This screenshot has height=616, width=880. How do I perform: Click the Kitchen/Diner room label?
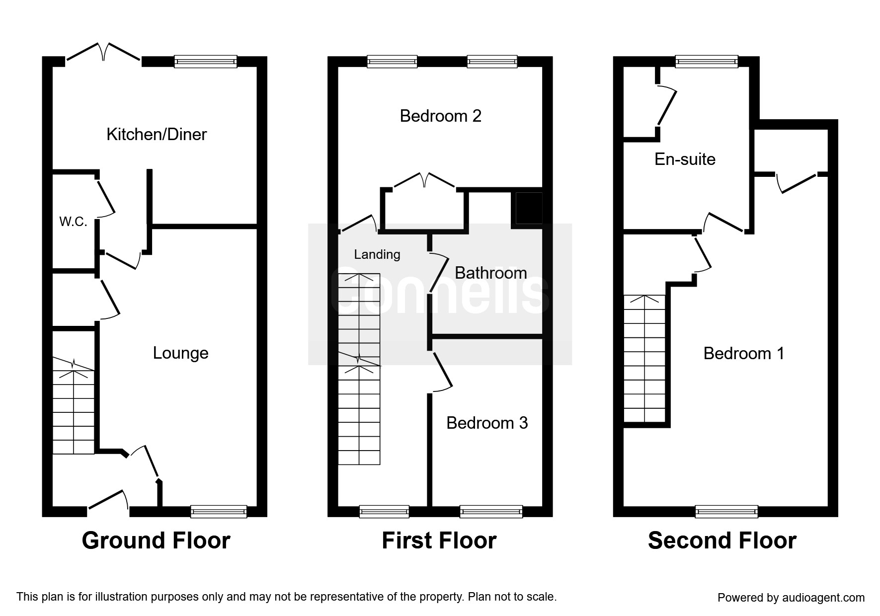pyautogui.click(x=157, y=134)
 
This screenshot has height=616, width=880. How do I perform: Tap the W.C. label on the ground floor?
pyautogui.click(x=74, y=222)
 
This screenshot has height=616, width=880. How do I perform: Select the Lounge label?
pyautogui.click(x=180, y=353)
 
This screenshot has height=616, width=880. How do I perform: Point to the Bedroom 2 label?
pyautogui.click(x=440, y=116)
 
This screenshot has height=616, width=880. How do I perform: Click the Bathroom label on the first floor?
pyautogui.click(x=490, y=273)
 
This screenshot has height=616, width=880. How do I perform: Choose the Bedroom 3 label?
pyautogui.click(x=486, y=423)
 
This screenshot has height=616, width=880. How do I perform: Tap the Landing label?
pyautogui.click(x=377, y=254)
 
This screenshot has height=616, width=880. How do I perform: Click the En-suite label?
pyautogui.click(x=685, y=159)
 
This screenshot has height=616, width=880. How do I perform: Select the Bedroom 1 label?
pyautogui.click(x=743, y=353)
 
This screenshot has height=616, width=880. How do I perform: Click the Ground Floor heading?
pyautogui.click(x=156, y=540)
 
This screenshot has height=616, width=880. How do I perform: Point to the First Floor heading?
pyautogui.click(x=439, y=540)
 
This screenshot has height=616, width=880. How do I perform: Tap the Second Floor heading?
pyautogui.click(x=722, y=540)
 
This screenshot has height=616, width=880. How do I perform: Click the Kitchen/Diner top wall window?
pyautogui.click(x=206, y=62)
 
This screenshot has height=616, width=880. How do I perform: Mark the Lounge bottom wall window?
pyautogui.click(x=219, y=511)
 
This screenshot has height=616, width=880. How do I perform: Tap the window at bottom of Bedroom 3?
pyautogui.click(x=491, y=511)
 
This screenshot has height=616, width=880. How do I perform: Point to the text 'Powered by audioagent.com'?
pyautogui.click(x=791, y=598)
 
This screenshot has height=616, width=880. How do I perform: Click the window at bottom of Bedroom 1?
pyautogui.click(x=726, y=511)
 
